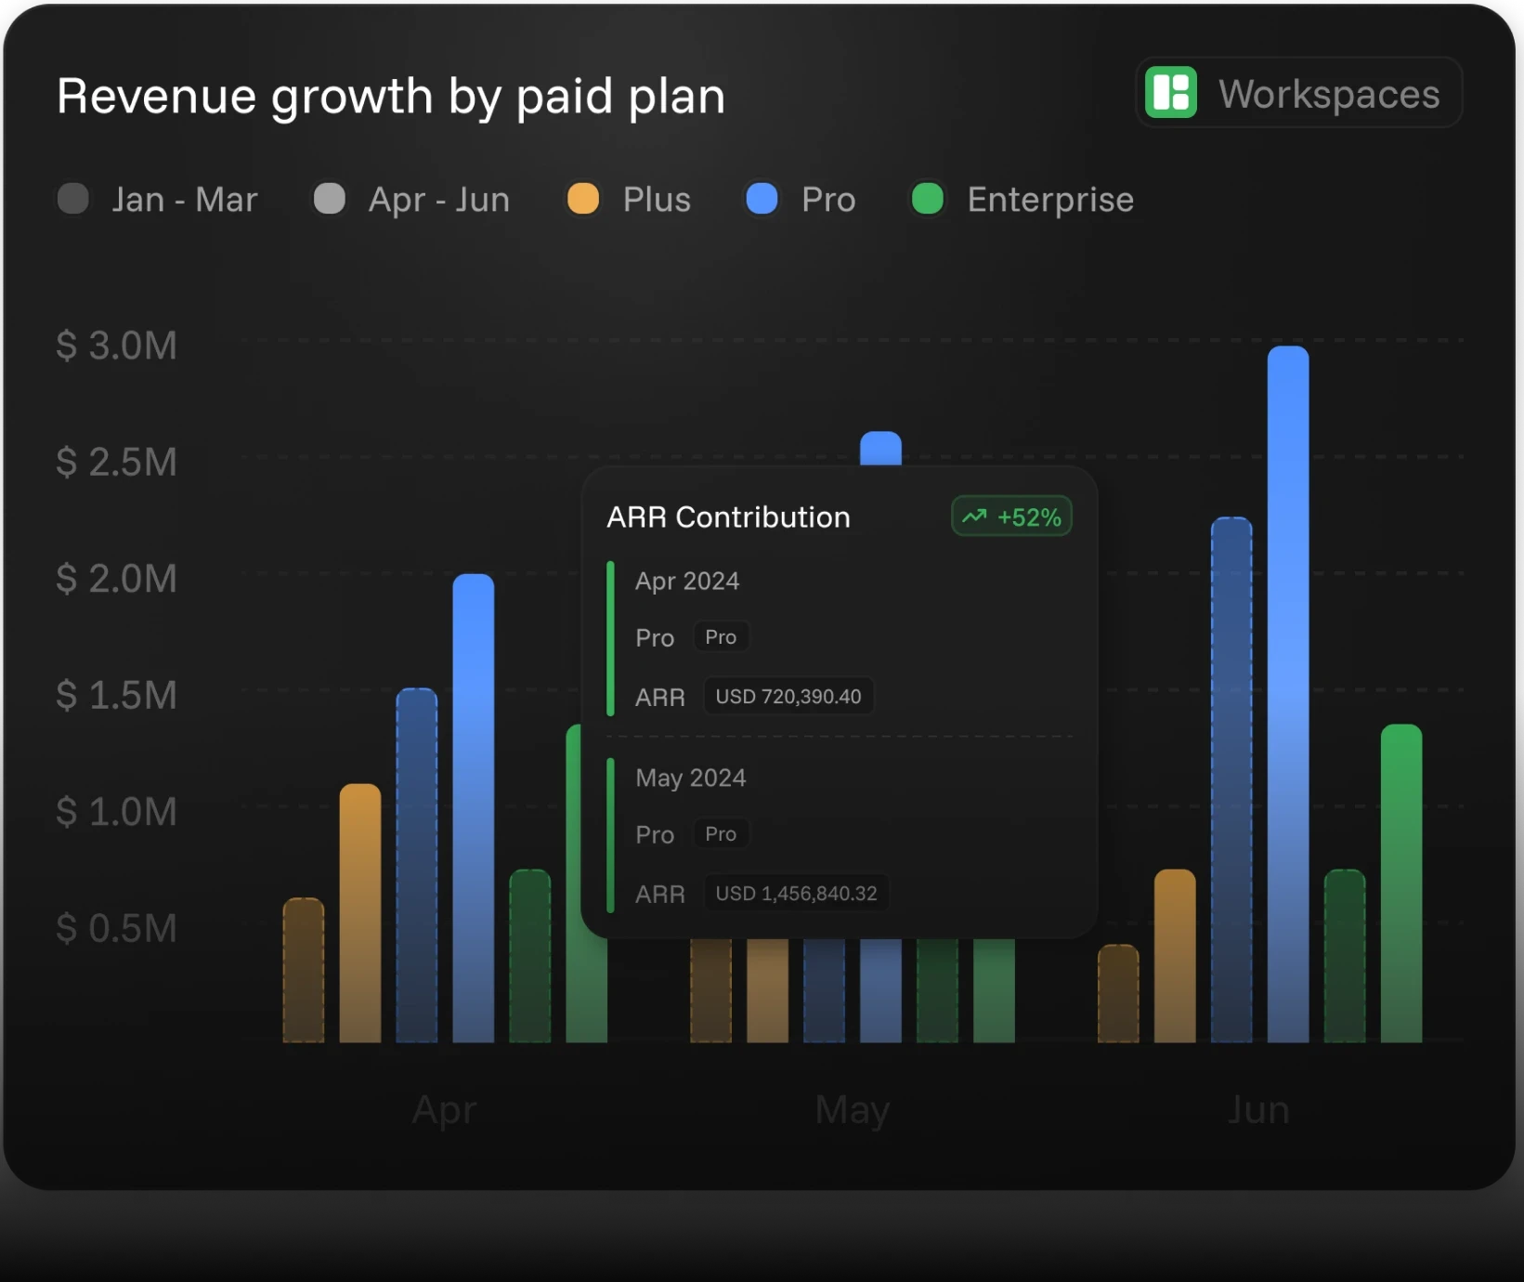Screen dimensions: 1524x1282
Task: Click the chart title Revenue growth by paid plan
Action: coord(391,97)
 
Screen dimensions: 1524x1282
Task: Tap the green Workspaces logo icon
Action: coord(1170,93)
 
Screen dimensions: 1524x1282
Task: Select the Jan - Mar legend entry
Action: coord(157,199)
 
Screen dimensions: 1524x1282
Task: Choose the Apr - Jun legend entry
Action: coord(411,199)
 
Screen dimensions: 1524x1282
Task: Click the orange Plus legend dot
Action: coord(583,199)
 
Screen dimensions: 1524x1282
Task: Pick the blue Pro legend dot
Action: coord(762,199)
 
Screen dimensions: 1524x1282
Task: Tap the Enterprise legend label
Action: coord(1050,200)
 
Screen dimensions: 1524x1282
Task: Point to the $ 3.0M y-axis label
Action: coord(116,346)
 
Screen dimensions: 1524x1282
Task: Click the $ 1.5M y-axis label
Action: coord(116,695)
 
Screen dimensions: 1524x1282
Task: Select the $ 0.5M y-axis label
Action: coord(116,928)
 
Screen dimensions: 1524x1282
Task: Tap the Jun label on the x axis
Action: coord(1258,1110)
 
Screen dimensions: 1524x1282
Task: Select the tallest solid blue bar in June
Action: coord(1288,694)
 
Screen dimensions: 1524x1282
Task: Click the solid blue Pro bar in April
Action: coord(474,808)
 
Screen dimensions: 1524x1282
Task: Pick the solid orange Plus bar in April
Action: coord(360,913)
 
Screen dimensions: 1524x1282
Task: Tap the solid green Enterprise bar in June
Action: coord(1401,883)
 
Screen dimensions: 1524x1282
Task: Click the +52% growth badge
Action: coord(1011,517)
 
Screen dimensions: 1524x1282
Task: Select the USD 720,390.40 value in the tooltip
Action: coord(788,696)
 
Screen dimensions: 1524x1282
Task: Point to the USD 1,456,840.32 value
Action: coord(796,893)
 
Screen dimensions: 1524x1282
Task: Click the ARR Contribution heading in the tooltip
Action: coord(728,517)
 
